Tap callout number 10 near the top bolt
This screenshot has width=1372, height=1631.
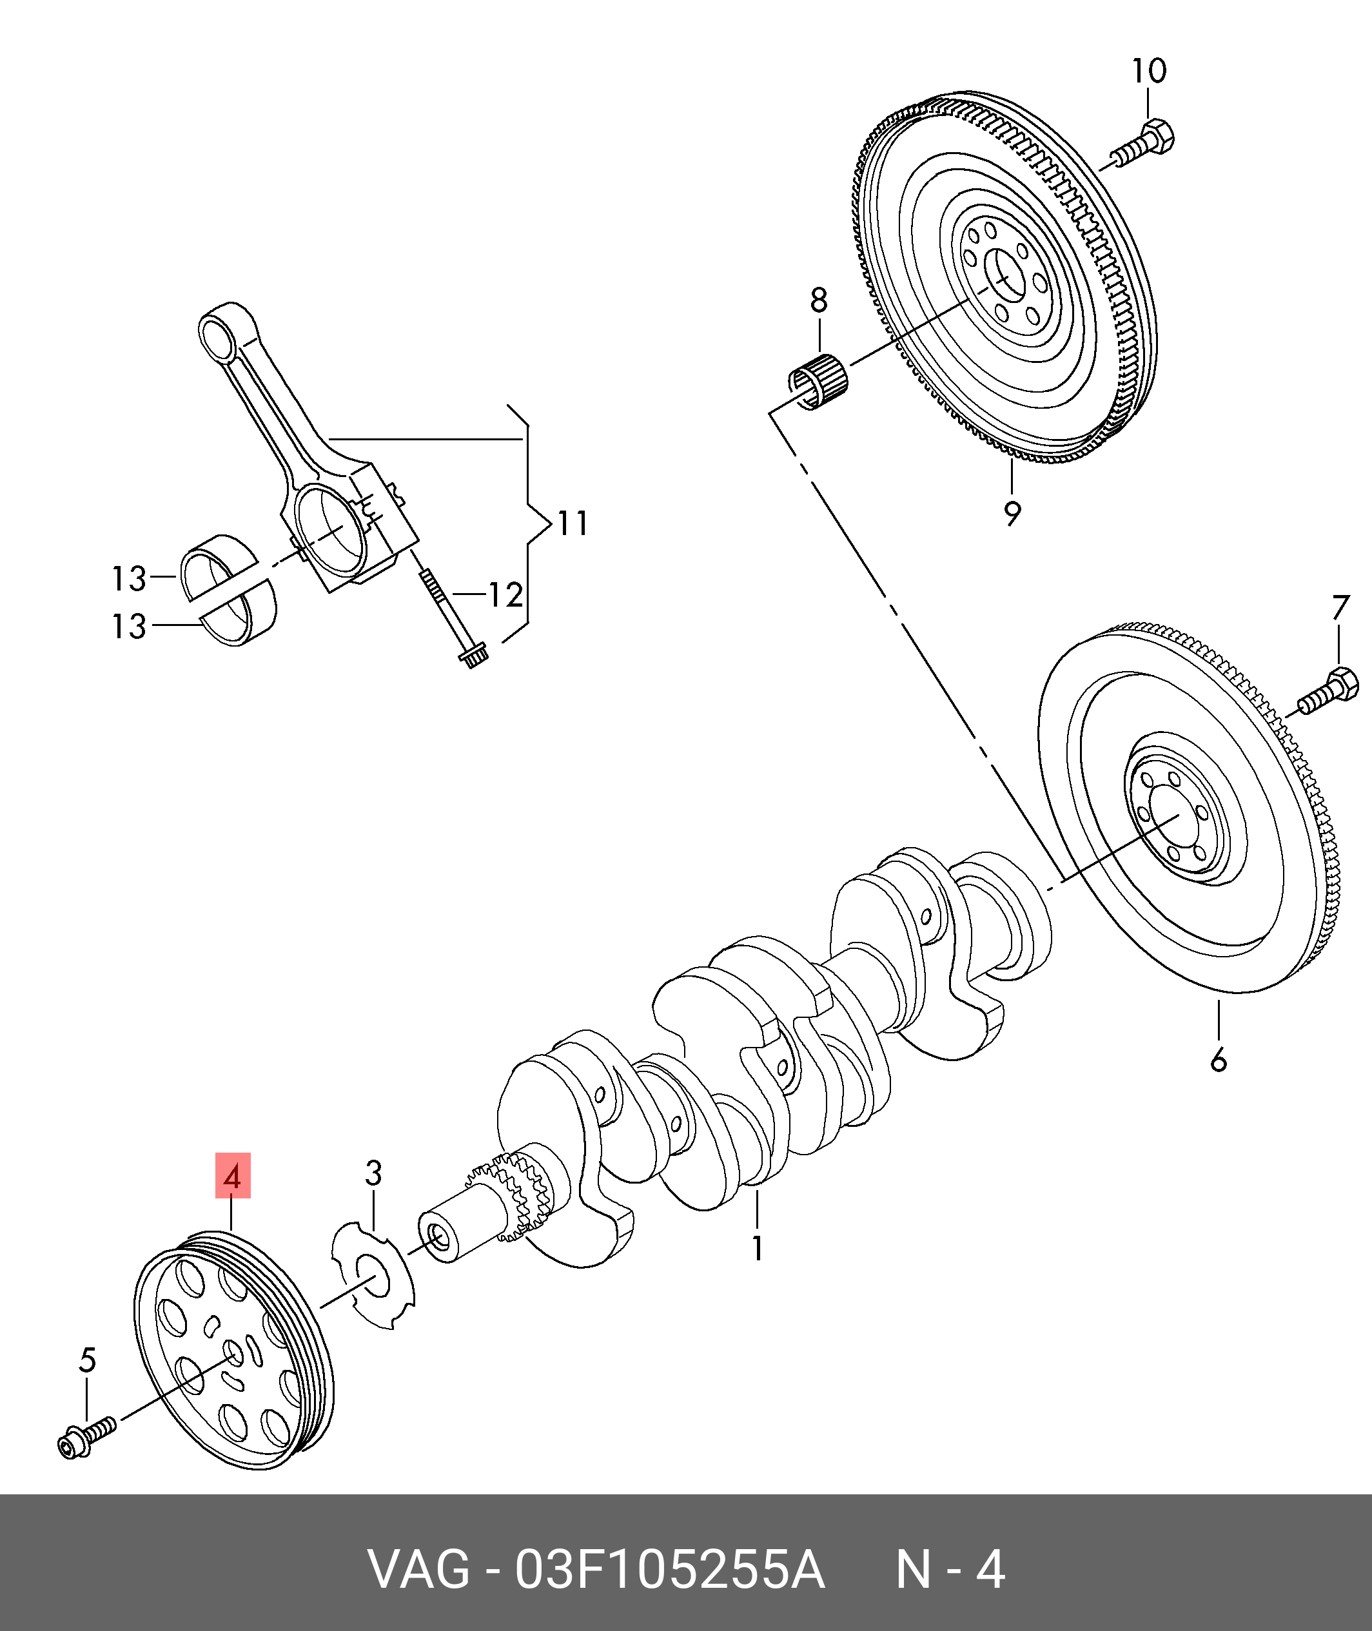click(1149, 72)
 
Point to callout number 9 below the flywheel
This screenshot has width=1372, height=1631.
click(1011, 513)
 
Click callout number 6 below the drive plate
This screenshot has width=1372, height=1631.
click(1218, 1060)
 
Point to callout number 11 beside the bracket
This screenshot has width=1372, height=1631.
click(573, 523)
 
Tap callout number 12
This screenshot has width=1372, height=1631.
click(505, 596)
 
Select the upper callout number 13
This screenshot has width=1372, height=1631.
click(129, 579)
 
